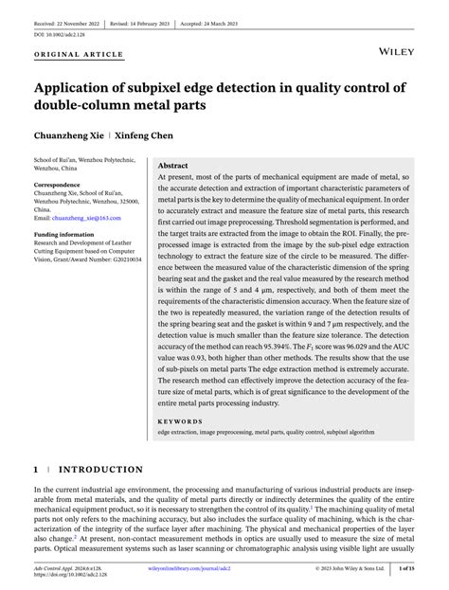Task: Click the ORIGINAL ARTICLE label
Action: coord(79,54)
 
